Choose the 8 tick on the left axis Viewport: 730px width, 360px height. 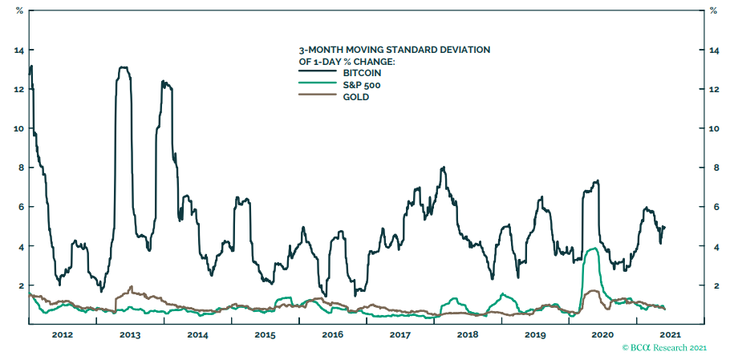[19, 168]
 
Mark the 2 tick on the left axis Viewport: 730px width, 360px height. [19, 285]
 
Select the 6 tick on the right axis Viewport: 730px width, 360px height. [712, 207]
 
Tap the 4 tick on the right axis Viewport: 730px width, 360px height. [712, 246]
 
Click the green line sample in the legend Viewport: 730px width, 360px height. [313, 84]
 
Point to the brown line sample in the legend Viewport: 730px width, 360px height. [313, 96]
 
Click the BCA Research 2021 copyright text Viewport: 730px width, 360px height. [665, 348]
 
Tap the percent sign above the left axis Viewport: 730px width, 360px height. [19, 10]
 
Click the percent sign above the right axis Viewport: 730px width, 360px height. [712, 10]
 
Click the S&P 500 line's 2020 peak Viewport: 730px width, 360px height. [592, 249]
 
